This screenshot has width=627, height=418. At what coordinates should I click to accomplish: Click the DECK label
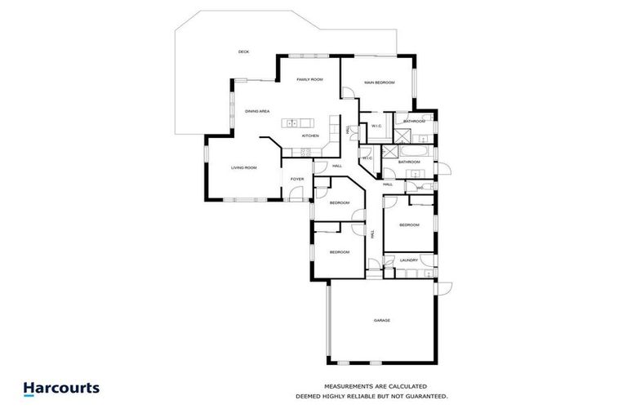tap(242, 51)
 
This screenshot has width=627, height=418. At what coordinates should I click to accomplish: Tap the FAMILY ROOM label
tap(309, 79)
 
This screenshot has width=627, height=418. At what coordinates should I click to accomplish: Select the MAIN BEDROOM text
tap(379, 82)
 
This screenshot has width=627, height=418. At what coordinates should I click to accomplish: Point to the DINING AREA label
tap(257, 110)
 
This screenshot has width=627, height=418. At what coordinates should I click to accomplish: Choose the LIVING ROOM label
tap(243, 167)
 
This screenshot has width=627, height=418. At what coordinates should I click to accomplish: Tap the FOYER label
tap(297, 178)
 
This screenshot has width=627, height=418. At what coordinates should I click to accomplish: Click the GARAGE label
tap(381, 320)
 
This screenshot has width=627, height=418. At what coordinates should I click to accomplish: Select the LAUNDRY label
tap(408, 260)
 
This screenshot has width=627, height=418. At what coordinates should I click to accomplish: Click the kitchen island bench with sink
tap(298, 123)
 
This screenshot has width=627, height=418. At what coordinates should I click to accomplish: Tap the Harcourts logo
tap(61, 389)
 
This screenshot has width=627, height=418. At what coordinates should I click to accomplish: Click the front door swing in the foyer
tap(297, 193)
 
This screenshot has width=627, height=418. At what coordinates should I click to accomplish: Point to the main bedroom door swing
tap(349, 92)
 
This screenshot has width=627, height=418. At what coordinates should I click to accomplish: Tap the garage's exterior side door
tap(444, 287)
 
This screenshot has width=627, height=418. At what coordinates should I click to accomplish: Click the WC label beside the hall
tap(419, 188)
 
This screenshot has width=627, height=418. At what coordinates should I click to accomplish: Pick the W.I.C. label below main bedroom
tap(376, 126)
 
